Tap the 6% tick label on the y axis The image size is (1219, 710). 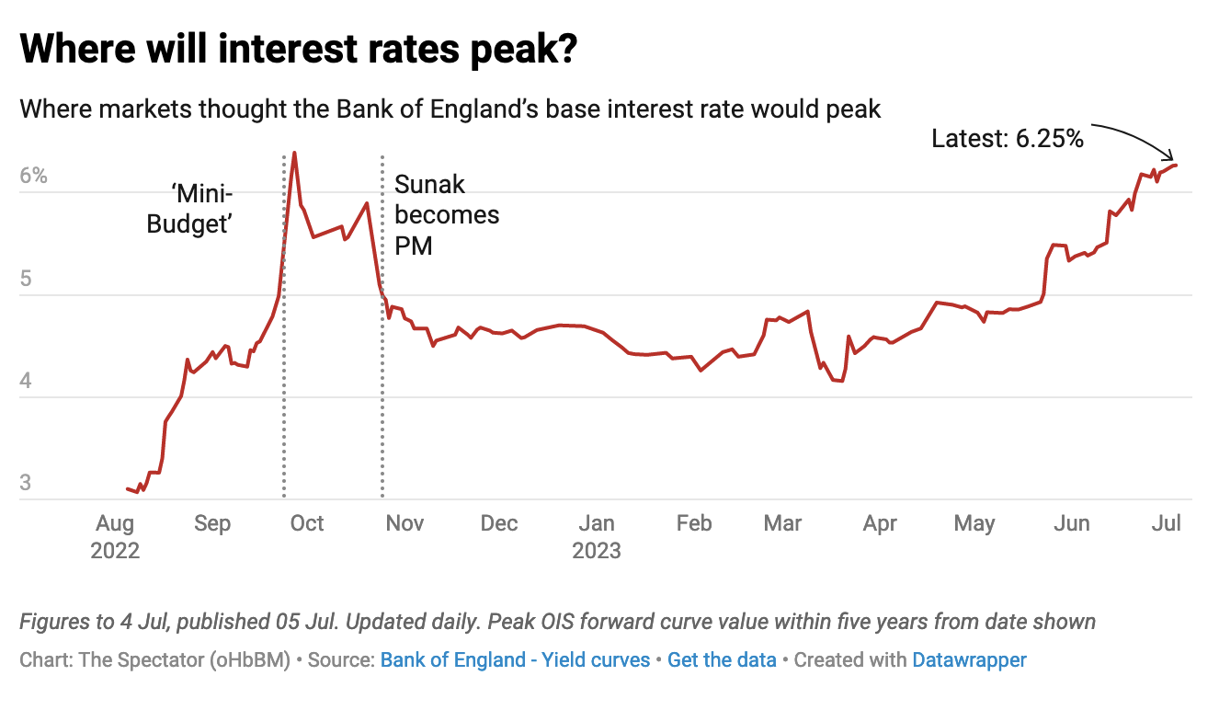tap(34, 176)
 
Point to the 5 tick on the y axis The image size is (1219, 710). tap(27, 279)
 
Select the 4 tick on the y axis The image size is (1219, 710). tap(27, 381)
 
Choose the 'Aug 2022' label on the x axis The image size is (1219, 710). tap(115, 537)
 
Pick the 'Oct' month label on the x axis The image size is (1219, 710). tap(306, 523)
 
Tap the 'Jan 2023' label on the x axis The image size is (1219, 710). tap(597, 537)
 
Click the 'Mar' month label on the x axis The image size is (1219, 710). tap(782, 523)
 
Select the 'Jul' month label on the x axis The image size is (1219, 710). tap(1167, 523)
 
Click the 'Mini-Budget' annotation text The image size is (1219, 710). tap(188, 209)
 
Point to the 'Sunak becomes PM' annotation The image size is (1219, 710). tap(446, 215)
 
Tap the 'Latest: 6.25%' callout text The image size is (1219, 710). tap(1008, 139)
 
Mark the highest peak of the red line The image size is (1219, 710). tap(294, 153)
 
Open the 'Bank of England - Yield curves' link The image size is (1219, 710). tap(515, 659)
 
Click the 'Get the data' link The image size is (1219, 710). tap(722, 659)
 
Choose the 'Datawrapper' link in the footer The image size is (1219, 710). tap(969, 659)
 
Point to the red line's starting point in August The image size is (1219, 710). tap(127, 488)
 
